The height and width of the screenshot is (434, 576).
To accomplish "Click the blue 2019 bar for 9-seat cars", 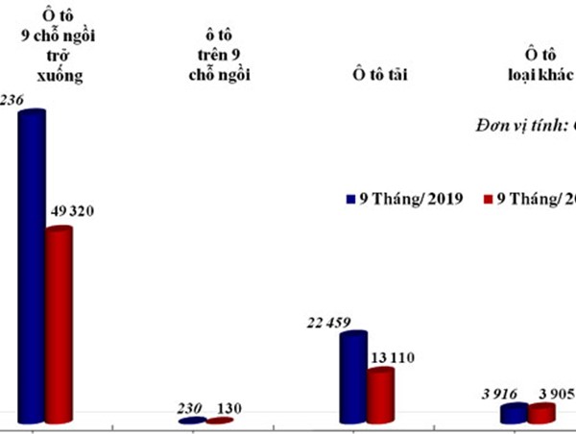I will point(32,269).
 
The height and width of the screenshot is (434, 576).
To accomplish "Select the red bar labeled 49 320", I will point(59,326).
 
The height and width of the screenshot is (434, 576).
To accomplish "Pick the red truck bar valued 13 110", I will point(380,396).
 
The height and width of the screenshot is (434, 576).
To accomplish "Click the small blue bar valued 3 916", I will point(515,414).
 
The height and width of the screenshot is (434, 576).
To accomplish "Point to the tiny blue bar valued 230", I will point(192,421).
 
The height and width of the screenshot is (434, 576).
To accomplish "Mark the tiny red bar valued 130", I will point(219,421).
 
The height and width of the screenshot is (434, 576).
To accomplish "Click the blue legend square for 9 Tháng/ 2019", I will point(350,200).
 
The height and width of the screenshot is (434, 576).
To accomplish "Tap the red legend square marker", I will point(488,200).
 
